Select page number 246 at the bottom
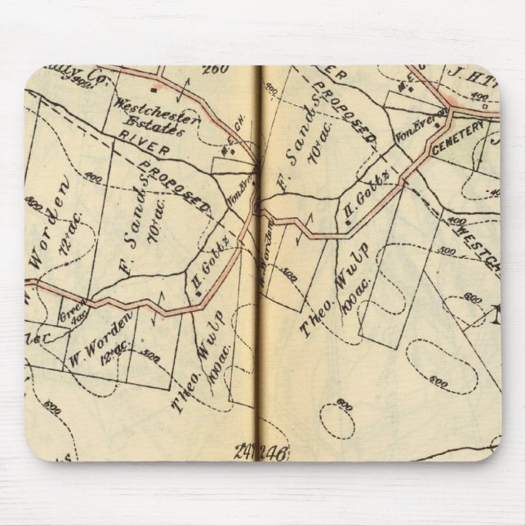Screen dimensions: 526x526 tap(272, 452)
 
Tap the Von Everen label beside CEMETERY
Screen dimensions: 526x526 tap(409, 128)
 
